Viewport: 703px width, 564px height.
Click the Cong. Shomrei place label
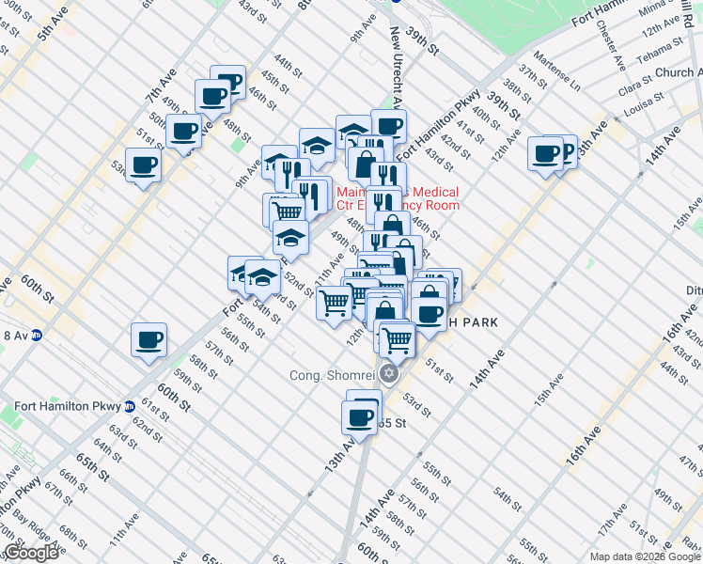(335, 377)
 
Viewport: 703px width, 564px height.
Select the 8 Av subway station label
(15, 335)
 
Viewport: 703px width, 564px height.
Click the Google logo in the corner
(30, 553)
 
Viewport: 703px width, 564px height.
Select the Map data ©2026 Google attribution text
(644, 556)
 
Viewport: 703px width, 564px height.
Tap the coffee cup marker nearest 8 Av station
(148, 339)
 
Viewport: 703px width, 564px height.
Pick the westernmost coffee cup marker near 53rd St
(143, 166)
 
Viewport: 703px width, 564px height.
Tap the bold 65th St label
(88, 463)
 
